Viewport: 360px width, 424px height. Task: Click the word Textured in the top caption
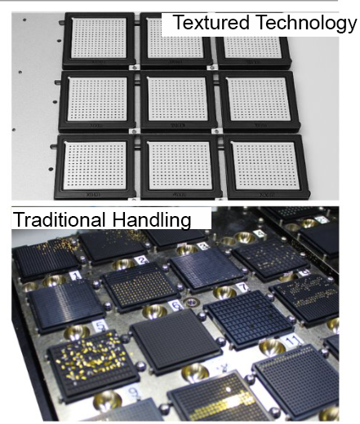pos(211,22)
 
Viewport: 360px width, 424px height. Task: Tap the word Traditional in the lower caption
pos(60,219)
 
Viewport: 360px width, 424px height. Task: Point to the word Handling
pos(152,219)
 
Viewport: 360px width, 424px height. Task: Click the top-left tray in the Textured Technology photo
pos(99,40)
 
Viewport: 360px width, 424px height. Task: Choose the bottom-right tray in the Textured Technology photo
pos(268,166)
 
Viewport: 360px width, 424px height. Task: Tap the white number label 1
pos(76,276)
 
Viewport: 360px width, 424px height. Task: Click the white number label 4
pos(260,234)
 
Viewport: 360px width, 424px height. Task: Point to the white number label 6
pos(176,305)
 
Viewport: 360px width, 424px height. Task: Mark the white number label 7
pos(242,287)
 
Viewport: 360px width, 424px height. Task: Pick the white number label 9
pos(133,392)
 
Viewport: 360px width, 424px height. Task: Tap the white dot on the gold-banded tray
pos(229,390)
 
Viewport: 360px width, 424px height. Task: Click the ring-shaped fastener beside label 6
pos(190,302)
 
